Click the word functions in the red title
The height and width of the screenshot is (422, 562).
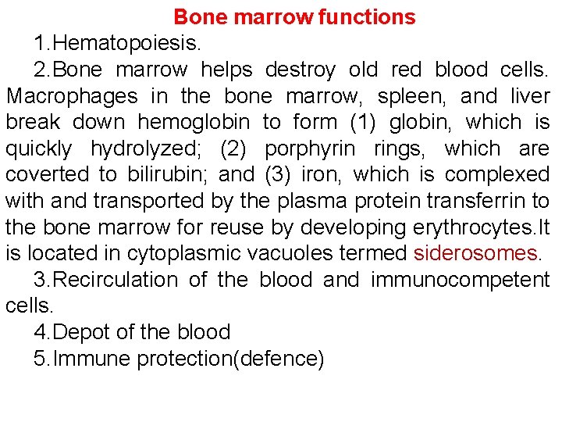point(367,16)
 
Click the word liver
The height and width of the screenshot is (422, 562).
point(531,96)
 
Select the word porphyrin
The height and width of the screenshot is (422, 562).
point(310,148)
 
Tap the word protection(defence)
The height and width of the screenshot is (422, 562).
point(230,359)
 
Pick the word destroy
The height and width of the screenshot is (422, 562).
point(301,70)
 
